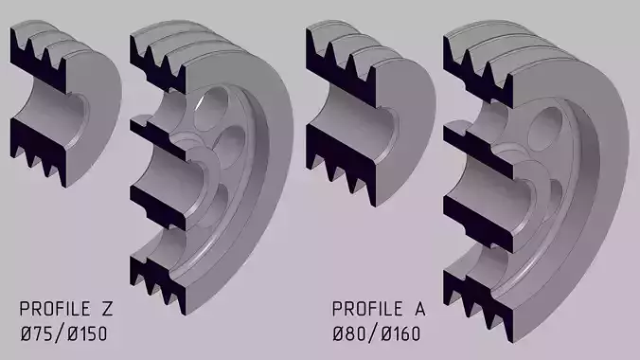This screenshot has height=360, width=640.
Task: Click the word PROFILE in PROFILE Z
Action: (x=57, y=310)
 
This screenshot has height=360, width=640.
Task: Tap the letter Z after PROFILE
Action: (x=107, y=310)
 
